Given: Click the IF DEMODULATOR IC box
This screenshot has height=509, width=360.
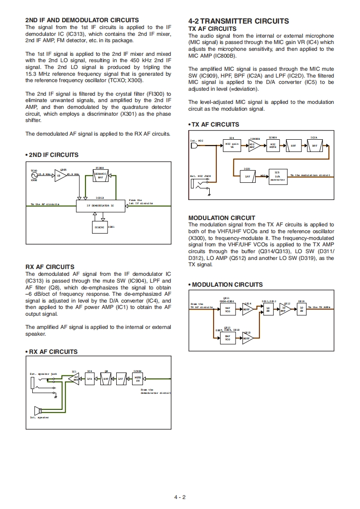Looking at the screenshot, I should [x=100, y=206].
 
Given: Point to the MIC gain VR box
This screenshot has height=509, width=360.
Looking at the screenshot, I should [x=232, y=146].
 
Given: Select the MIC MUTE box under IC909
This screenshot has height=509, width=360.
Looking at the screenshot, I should [x=273, y=146].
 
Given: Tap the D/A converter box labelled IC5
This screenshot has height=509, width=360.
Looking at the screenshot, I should [x=277, y=176].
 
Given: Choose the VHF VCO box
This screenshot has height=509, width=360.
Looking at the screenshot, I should [x=227, y=310].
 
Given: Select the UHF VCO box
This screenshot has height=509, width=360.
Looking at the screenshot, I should [x=227, y=338].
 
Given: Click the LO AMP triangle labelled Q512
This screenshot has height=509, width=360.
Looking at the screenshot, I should [x=285, y=310].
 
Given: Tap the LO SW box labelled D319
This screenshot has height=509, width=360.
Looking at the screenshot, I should [x=301, y=309].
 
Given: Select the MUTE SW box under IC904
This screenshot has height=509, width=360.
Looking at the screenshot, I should [x=138, y=378].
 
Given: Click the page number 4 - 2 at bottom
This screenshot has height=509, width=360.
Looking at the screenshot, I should [x=180, y=497].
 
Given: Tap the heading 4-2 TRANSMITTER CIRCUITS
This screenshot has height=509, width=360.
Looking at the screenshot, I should [x=238, y=21].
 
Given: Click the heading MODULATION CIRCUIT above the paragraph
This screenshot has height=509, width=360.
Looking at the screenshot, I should [x=222, y=218].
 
